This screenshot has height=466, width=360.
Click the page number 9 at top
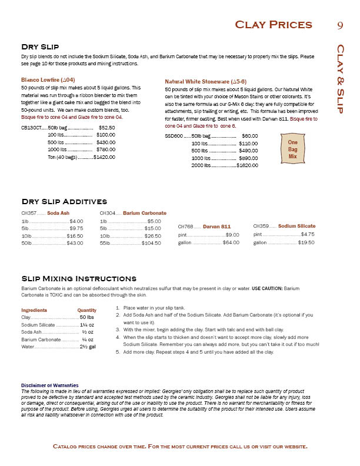click(x=340, y=25)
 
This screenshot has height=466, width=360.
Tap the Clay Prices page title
click(x=273, y=25)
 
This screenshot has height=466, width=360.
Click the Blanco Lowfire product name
click(x=48, y=79)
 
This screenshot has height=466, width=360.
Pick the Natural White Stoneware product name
click(x=205, y=81)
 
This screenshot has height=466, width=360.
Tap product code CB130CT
click(x=31, y=127)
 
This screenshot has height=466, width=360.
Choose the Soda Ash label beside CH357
click(x=58, y=213)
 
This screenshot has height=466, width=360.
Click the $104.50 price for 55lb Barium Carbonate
click(x=151, y=243)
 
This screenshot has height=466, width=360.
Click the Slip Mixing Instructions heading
click(x=79, y=278)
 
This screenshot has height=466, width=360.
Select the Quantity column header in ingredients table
click(x=86, y=310)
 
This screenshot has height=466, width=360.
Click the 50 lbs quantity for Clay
click(x=87, y=317)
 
